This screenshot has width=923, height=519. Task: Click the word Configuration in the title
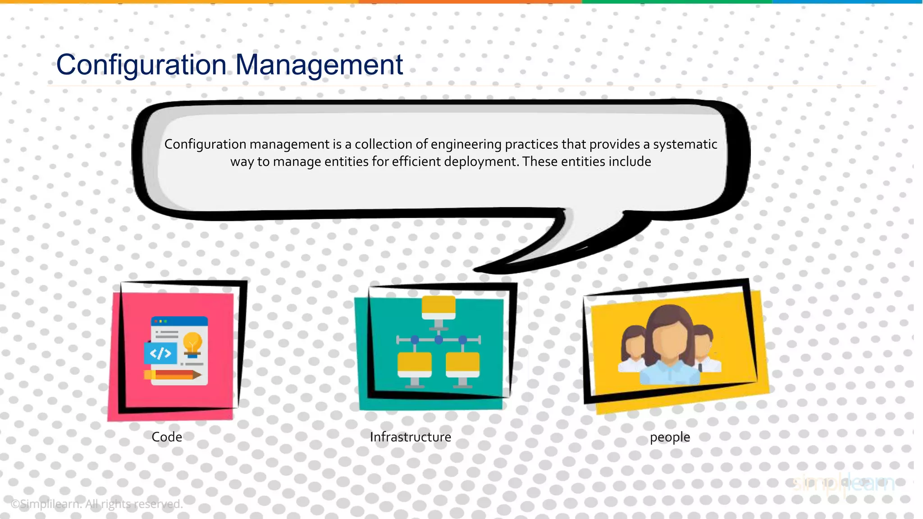(x=141, y=65)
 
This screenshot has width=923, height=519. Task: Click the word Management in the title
(x=319, y=65)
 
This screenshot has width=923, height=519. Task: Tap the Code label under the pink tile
(x=167, y=437)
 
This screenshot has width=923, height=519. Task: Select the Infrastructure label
(x=410, y=437)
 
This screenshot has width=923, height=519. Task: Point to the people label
(x=670, y=437)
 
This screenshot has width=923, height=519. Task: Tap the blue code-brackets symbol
(x=160, y=353)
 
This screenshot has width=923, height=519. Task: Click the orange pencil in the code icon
(x=173, y=375)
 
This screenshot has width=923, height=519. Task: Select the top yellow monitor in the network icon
(x=439, y=307)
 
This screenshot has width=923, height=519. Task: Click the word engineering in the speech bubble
(x=466, y=144)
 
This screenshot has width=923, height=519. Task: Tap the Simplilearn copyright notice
(x=96, y=504)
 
